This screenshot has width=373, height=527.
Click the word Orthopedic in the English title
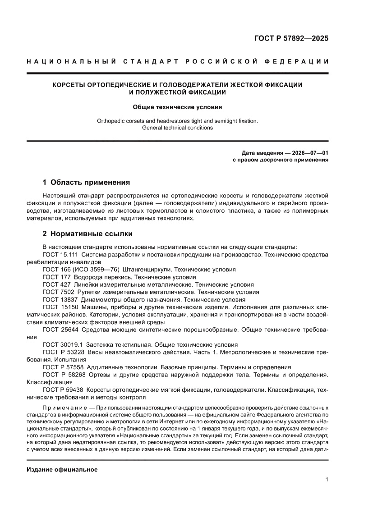pyautogui.click(x=112, y=121)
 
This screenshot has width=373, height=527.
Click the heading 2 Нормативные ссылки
pyautogui.click(x=87, y=234)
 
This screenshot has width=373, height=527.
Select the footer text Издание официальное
pyautogui.click(x=62, y=470)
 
